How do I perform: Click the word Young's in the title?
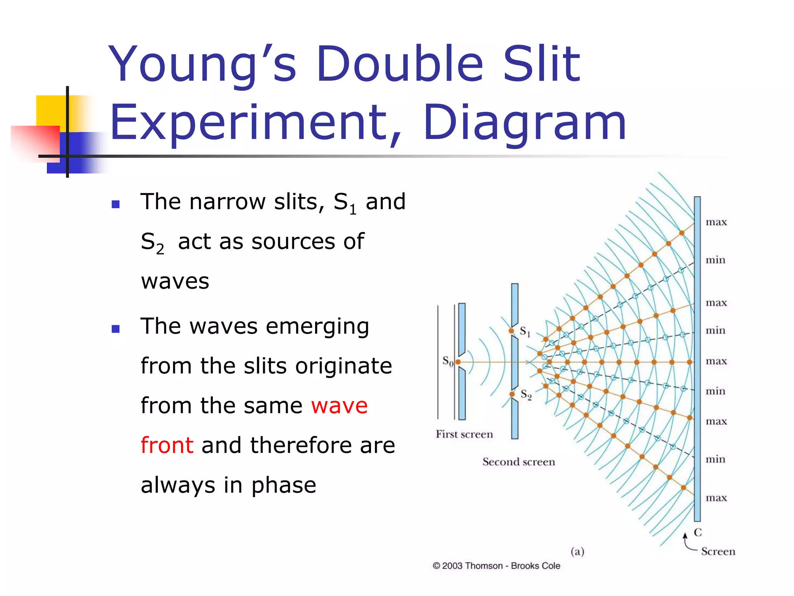(x=202, y=64)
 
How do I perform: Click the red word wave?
(x=339, y=405)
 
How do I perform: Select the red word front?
(x=167, y=445)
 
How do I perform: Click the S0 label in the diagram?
(x=447, y=361)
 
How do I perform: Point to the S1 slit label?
(x=525, y=331)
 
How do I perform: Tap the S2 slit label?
(x=526, y=395)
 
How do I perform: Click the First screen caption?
(x=464, y=434)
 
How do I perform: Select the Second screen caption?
(x=518, y=462)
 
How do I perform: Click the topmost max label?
(x=716, y=222)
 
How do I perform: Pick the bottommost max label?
(x=716, y=498)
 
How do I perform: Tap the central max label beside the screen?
(x=716, y=361)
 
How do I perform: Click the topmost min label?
(x=715, y=260)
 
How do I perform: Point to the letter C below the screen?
(x=698, y=532)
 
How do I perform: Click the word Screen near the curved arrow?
(x=718, y=551)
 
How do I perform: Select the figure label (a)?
(x=577, y=551)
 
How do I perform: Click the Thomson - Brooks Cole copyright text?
(x=496, y=566)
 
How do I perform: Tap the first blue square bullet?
(x=115, y=204)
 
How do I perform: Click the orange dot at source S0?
(x=458, y=362)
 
